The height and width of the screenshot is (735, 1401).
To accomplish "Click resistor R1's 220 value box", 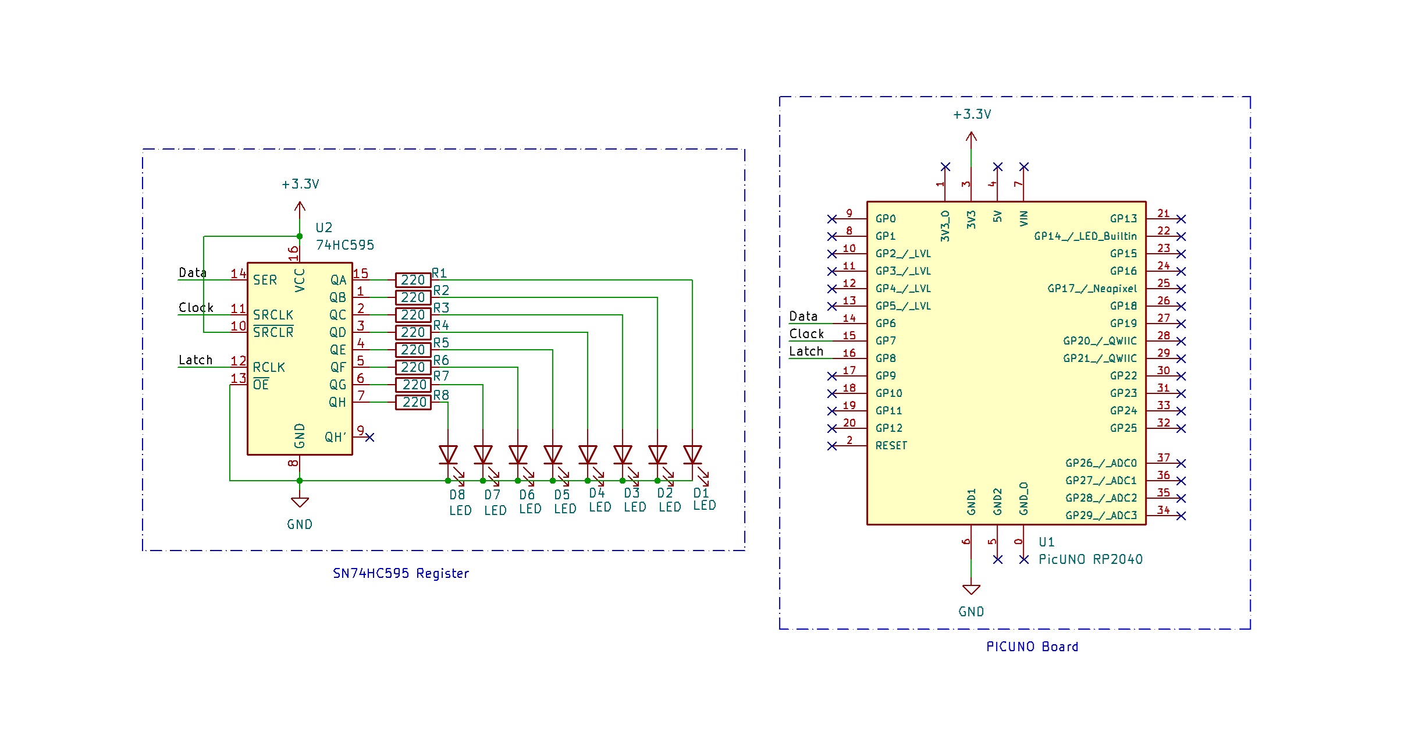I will [413, 280].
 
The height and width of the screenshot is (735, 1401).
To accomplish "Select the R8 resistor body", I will [413, 402].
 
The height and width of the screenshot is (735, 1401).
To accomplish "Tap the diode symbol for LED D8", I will [448, 455].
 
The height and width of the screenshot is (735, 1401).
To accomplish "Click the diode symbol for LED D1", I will [692, 455].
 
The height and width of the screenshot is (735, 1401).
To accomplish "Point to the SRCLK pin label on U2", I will [273, 315].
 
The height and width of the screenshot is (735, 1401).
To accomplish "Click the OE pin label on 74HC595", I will [261, 385].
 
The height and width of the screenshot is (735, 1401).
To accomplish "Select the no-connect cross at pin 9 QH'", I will [369, 437].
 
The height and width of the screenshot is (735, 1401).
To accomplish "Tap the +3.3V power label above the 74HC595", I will [300, 184].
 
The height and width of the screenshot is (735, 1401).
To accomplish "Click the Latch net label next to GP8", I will [806, 351].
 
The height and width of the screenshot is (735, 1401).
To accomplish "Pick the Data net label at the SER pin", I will [193, 272].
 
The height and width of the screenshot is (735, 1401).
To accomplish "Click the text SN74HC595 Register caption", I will [400, 573].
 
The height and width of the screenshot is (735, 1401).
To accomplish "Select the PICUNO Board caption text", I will [1032, 647].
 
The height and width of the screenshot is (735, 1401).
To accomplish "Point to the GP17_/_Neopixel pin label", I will [1091, 289].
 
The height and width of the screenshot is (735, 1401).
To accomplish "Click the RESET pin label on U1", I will [891, 446].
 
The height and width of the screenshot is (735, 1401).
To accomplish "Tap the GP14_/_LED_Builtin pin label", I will [1084, 236].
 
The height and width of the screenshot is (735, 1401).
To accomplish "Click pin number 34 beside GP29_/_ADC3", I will [1163, 510].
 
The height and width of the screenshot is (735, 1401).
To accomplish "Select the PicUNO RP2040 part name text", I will [1090, 559].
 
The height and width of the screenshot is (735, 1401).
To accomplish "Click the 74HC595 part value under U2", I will [344, 245].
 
